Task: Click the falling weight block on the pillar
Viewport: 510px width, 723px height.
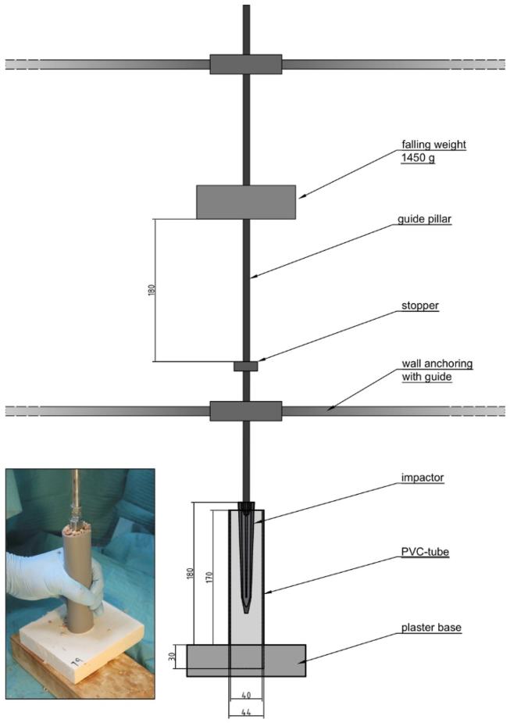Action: point(245,202)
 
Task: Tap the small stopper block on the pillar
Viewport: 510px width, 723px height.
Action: point(245,366)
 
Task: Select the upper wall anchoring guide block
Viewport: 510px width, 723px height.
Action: point(245,64)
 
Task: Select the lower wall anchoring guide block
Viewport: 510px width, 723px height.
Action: point(245,411)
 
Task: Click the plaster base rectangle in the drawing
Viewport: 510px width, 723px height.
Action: point(245,660)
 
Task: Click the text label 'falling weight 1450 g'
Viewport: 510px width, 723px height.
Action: point(427,151)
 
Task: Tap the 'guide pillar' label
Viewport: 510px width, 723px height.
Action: point(426,220)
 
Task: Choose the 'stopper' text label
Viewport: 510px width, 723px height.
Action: point(421,306)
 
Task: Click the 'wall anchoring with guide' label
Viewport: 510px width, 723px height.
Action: point(437,370)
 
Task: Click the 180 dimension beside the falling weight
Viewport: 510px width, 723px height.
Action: point(152,289)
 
